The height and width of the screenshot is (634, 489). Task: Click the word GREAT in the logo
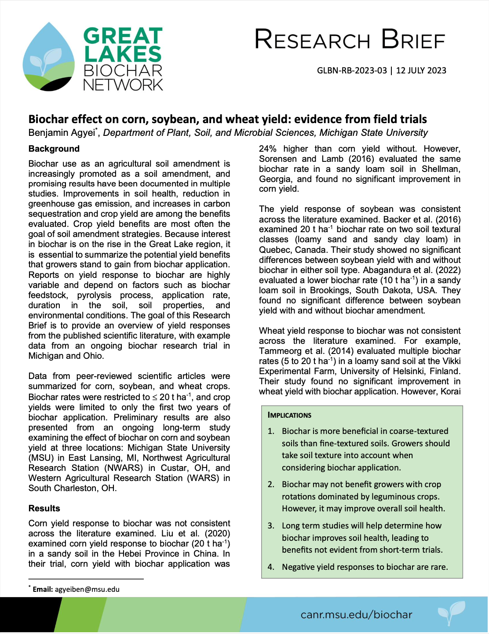(123, 36)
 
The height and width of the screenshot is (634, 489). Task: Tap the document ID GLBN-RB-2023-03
(352, 71)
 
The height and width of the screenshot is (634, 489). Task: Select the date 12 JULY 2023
(421, 71)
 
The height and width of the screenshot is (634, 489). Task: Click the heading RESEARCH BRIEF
(350, 40)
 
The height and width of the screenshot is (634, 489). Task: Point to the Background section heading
(54, 149)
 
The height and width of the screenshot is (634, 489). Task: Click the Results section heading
(44, 508)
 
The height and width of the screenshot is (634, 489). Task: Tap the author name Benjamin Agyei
(62, 133)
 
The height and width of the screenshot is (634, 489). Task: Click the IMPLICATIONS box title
(289, 415)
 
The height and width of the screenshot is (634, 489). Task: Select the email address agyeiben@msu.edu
(87, 589)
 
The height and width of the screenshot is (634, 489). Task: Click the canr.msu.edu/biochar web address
(356, 614)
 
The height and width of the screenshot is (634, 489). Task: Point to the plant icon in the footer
(451, 612)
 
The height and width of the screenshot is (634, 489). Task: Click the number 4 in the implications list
(270, 567)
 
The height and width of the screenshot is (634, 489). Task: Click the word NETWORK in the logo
(123, 84)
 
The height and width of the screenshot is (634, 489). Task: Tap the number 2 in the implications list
(270, 485)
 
